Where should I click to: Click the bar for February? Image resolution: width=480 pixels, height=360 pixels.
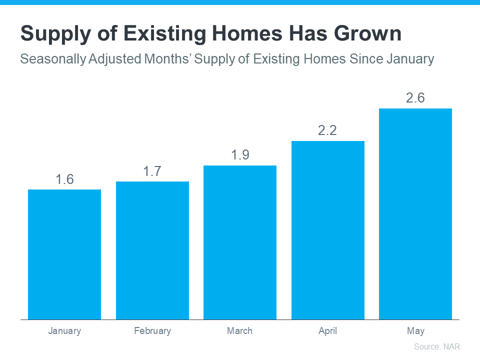point(152,250)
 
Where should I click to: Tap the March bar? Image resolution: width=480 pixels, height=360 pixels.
point(240,242)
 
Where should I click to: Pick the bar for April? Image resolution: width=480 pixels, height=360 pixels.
point(328,230)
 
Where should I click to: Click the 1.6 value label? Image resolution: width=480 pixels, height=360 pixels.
point(64,179)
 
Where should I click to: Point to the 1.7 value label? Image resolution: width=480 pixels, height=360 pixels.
point(152,171)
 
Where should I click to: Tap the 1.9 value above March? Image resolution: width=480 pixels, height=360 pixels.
point(240,155)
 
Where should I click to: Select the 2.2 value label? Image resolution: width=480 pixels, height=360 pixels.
point(328,131)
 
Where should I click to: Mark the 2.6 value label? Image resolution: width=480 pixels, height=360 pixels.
point(415,98)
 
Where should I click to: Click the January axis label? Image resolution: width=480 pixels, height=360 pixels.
point(64,331)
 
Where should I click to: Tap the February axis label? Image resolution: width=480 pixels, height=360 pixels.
point(152,331)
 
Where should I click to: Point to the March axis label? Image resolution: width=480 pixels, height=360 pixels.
point(240,331)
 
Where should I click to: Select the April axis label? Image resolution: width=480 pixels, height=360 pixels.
point(328,331)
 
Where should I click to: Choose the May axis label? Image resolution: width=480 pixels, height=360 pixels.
point(415,331)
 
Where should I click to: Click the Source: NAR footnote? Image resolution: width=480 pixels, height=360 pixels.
point(436,346)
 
